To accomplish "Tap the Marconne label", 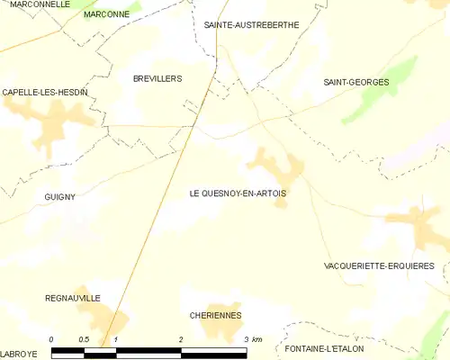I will (x=106, y=15).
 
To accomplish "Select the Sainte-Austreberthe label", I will (x=251, y=25).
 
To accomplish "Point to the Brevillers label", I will (x=157, y=79).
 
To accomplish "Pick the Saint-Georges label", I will (x=356, y=83).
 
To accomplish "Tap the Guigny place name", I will (x=59, y=196).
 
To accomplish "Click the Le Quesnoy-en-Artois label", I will (x=238, y=193).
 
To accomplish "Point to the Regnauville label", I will (x=73, y=298).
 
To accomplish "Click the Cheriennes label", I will (x=215, y=316).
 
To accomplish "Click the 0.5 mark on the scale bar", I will (x=83, y=339).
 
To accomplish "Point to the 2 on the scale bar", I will (x=181, y=339).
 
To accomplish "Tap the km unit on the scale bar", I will (x=257, y=339).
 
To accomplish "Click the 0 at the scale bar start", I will (x=51, y=339).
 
